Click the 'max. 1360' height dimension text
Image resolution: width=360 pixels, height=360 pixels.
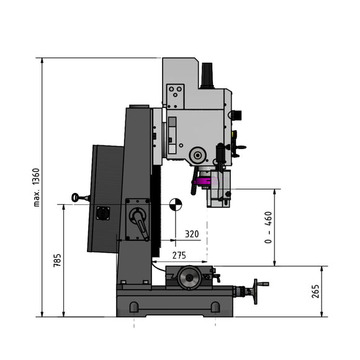(x=36, y=187)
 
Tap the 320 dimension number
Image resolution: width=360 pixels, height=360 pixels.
(x=192, y=235)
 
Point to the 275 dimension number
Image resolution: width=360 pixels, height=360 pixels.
(x=179, y=255)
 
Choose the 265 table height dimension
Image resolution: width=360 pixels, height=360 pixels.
(x=316, y=292)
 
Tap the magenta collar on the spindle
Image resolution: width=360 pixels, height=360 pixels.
(x=202, y=182)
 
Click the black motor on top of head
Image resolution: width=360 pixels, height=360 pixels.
(x=207, y=74)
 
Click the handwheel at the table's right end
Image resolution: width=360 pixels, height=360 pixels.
(x=258, y=290)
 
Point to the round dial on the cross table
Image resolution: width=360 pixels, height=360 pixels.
(x=190, y=278)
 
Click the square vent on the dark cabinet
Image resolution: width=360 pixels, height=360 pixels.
(x=103, y=213)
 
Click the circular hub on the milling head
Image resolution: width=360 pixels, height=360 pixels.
(x=197, y=155)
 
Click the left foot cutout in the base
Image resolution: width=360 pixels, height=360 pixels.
(x=134, y=307)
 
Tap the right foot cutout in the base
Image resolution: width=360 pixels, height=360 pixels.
(x=215, y=307)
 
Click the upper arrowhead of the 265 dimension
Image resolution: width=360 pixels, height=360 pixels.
(x=322, y=269)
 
